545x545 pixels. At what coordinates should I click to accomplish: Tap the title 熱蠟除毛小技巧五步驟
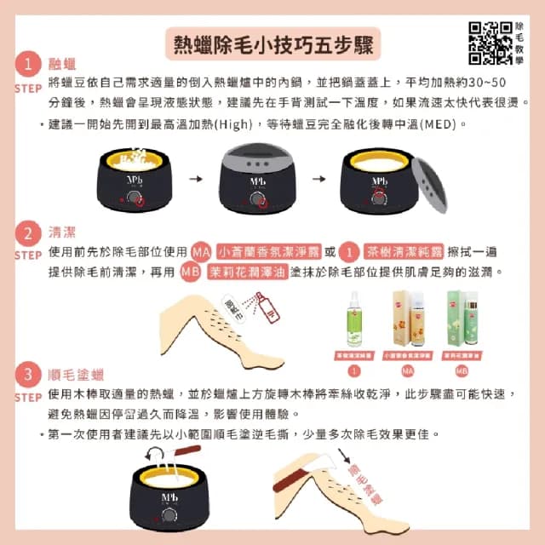click(x=272, y=43)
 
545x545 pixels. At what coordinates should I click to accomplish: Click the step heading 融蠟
click(x=64, y=65)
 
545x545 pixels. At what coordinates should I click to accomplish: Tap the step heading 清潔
click(x=64, y=233)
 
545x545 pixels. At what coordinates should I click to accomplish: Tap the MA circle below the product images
click(x=408, y=370)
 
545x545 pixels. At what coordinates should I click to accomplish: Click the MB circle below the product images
click(x=461, y=370)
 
